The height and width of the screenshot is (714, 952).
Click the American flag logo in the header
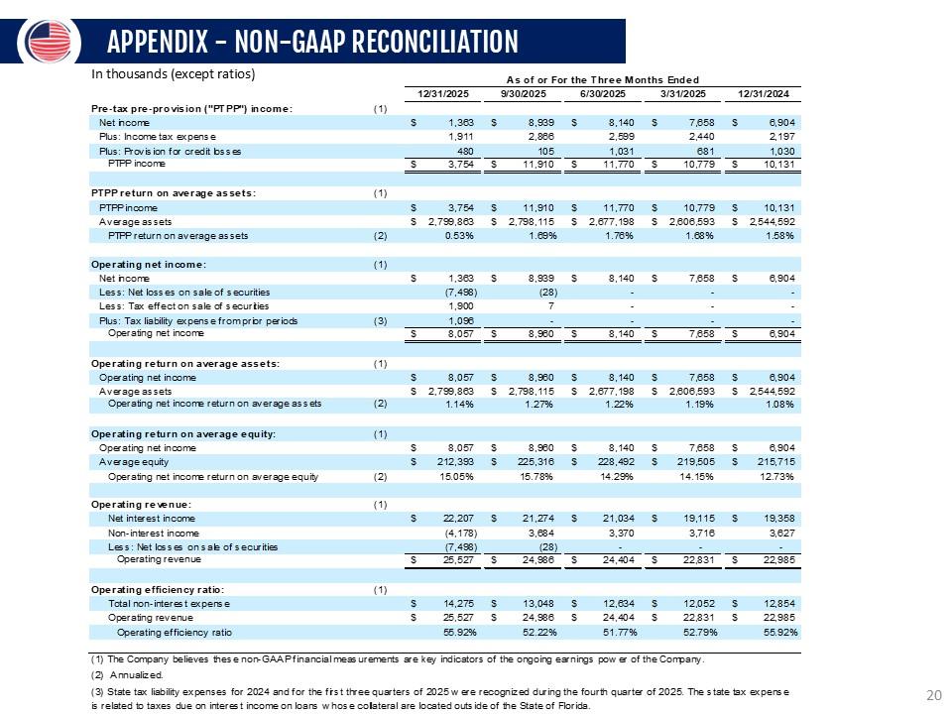[x=50, y=42]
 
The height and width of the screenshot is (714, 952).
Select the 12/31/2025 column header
[x=443, y=94]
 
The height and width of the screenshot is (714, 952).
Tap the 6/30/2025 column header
[x=603, y=94]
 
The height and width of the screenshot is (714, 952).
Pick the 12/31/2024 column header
[x=764, y=94]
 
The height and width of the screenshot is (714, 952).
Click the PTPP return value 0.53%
[x=459, y=236]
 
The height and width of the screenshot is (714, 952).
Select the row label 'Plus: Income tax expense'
[x=158, y=137]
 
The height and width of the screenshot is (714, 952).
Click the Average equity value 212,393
[x=455, y=462]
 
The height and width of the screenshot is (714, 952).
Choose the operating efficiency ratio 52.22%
[x=539, y=632]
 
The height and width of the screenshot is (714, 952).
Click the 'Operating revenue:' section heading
[x=141, y=505]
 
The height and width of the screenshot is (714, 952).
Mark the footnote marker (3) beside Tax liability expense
[x=380, y=320]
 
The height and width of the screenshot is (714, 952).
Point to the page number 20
[x=934, y=695]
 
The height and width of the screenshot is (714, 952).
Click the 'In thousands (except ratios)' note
[x=173, y=74]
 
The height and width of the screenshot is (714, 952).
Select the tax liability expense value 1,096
[x=461, y=320]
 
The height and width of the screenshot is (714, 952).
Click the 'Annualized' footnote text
[x=137, y=674]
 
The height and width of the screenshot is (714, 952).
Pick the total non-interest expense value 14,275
[x=458, y=604]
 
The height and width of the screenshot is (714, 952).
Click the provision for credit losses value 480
[x=465, y=151]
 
